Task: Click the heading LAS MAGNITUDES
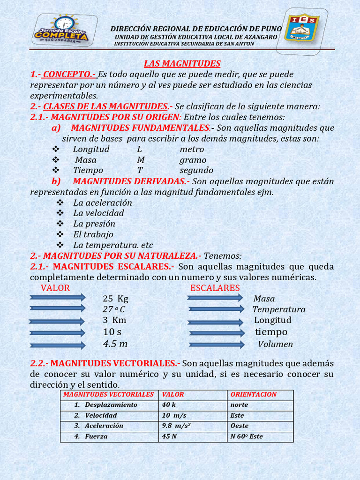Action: click(182, 64)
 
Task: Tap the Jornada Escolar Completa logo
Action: click(65, 30)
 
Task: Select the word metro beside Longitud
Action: click(192, 149)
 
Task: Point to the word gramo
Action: click(193, 160)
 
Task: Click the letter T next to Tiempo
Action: click(140, 170)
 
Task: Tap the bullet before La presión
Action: click(60, 224)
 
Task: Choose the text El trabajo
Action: click(93, 234)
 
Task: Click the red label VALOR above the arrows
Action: click(55, 288)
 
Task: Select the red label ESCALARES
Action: click(215, 288)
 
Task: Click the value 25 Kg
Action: click(115, 299)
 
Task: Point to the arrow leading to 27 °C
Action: click(57, 308)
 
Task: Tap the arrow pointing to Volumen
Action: click(216, 345)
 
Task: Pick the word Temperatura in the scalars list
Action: click(279, 309)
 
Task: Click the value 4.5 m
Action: click(115, 344)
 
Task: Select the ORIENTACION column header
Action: click(254, 395)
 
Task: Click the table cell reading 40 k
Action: click(169, 405)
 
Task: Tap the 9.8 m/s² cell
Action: click(179, 426)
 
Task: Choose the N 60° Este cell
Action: click(247, 436)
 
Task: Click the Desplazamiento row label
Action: click(111, 405)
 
